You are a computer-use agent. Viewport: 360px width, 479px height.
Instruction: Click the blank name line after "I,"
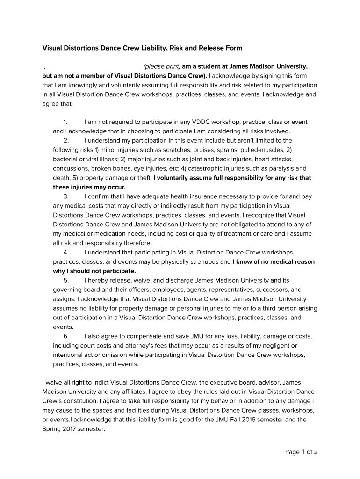click(x=95, y=66)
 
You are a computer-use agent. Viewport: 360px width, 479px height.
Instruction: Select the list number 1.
click(x=66, y=122)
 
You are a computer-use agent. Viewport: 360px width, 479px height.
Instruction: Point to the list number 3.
click(x=66, y=196)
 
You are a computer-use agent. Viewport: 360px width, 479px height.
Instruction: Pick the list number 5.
click(x=66, y=280)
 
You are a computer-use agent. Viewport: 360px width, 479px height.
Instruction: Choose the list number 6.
click(x=66, y=336)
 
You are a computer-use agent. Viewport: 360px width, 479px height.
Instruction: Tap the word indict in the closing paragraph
click(x=91, y=382)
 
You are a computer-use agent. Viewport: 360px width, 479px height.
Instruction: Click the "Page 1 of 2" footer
click(x=302, y=452)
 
